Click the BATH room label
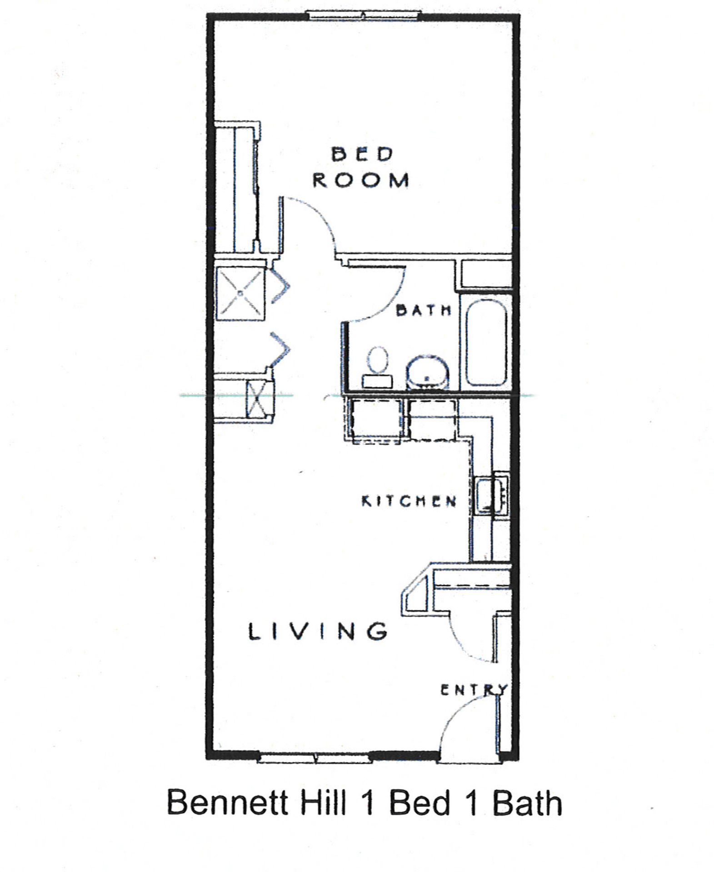pyautogui.click(x=424, y=311)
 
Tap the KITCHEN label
pyautogui.click(x=409, y=501)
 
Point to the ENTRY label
pyautogui.click(x=473, y=690)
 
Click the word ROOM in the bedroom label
pyautogui.click(x=361, y=180)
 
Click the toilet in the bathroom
pyautogui.click(x=378, y=366)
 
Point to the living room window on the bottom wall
pyautogui.click(x=315, y=757)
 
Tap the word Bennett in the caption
pyautogui.click(x=228, y=803)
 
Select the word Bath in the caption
pyautogui.click(x=527, y=803)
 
